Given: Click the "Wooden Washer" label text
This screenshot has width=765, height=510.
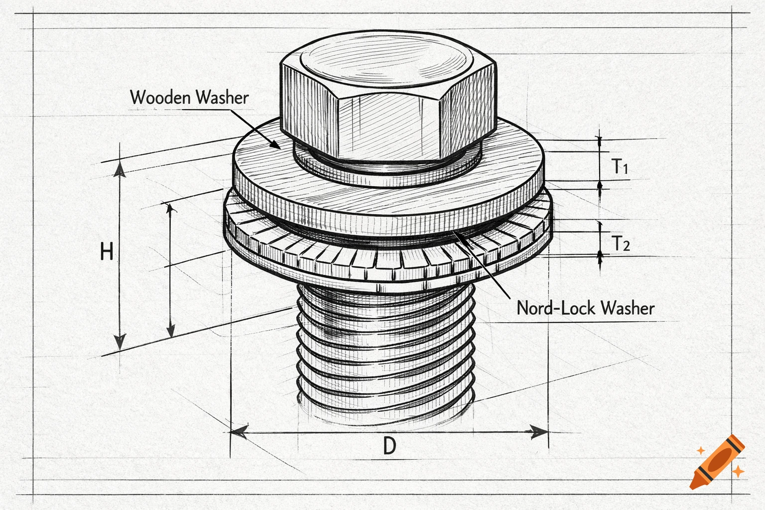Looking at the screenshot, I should point(189,97).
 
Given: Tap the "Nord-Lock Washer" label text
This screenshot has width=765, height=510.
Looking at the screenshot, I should point(585,308).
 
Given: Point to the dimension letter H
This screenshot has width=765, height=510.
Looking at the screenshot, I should point(107,252).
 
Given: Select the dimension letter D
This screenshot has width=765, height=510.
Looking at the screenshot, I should point(389,445).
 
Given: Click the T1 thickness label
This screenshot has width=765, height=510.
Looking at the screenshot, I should point(620,166).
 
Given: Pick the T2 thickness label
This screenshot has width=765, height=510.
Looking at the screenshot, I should point(621,244).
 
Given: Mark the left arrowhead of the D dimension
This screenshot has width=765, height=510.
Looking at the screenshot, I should point(239,431).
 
